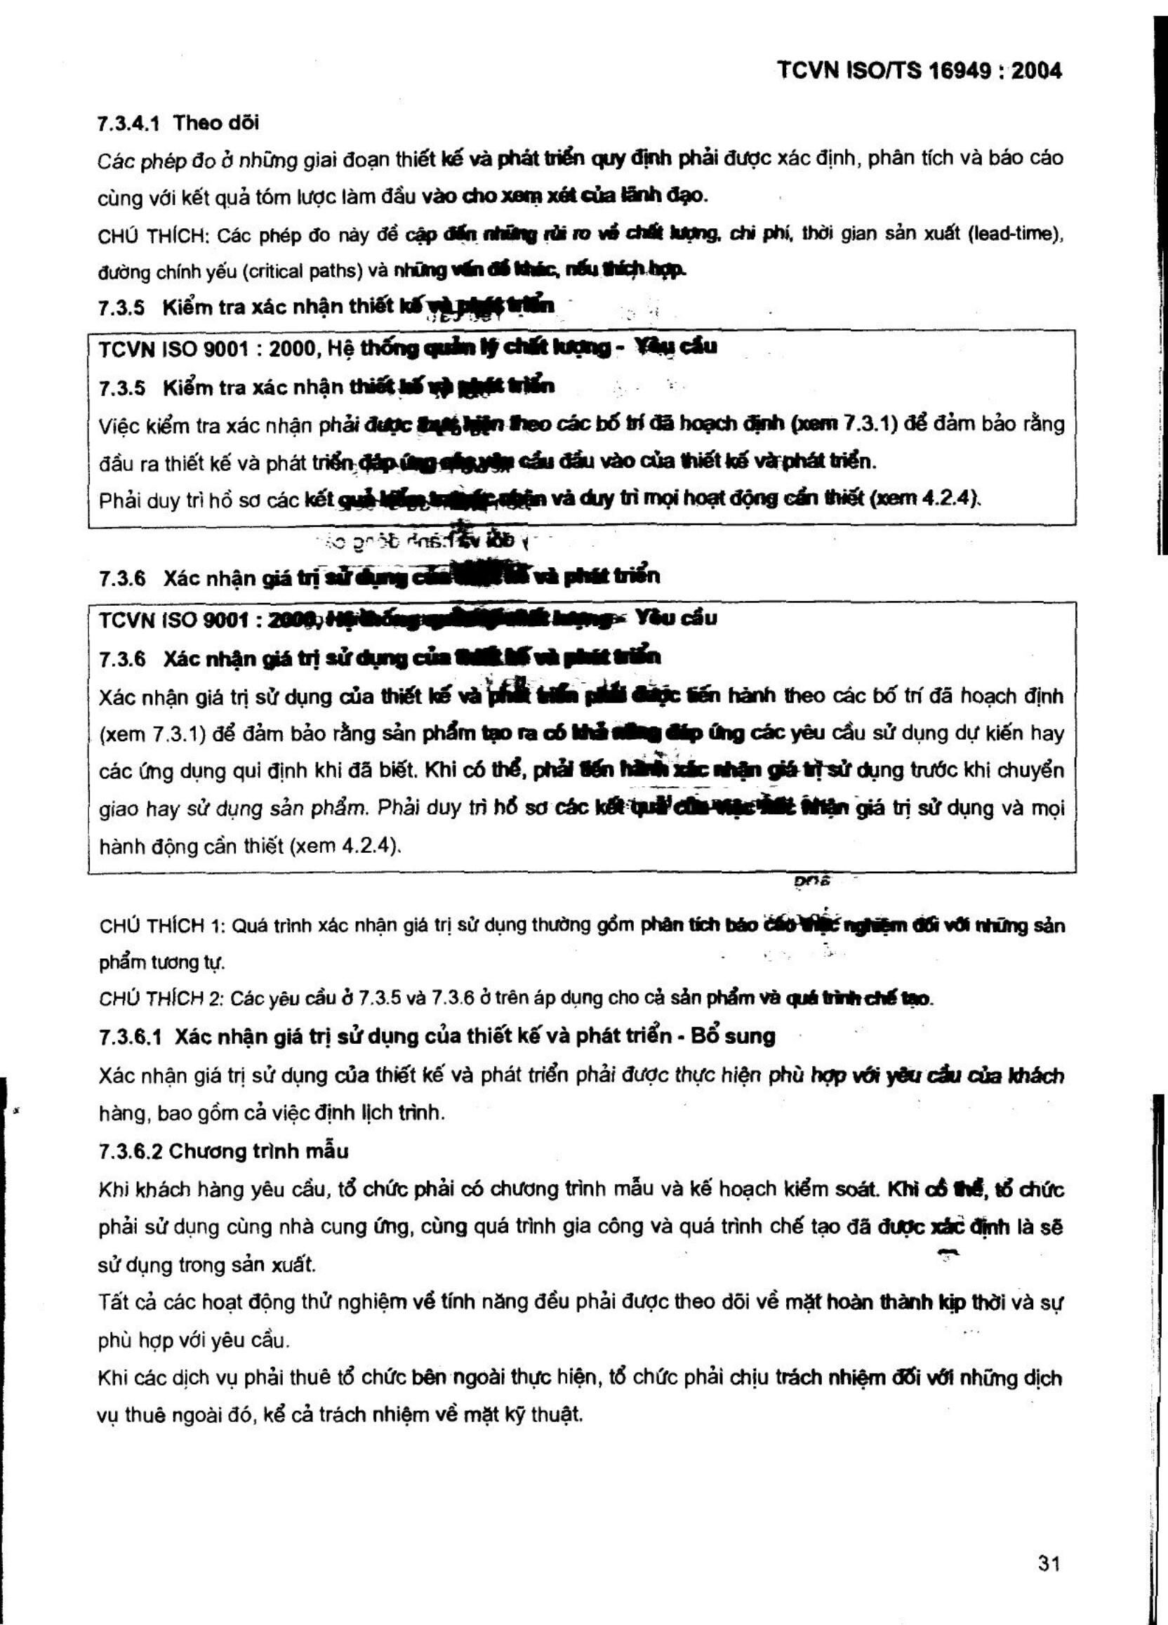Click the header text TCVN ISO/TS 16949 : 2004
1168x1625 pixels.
click(920, 70)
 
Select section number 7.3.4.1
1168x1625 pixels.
click(128, 124)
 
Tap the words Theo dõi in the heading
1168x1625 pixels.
click(215, 124)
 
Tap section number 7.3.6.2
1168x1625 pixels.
click(131, 1150)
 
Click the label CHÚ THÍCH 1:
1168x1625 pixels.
click(163, 926)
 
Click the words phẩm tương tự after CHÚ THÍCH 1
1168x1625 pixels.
click(162, 962)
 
